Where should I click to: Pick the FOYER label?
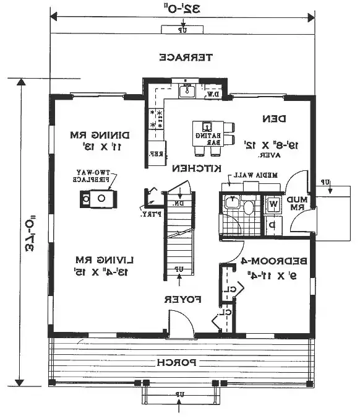(x=184, y=299)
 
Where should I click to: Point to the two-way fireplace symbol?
(x=96, y=199)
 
